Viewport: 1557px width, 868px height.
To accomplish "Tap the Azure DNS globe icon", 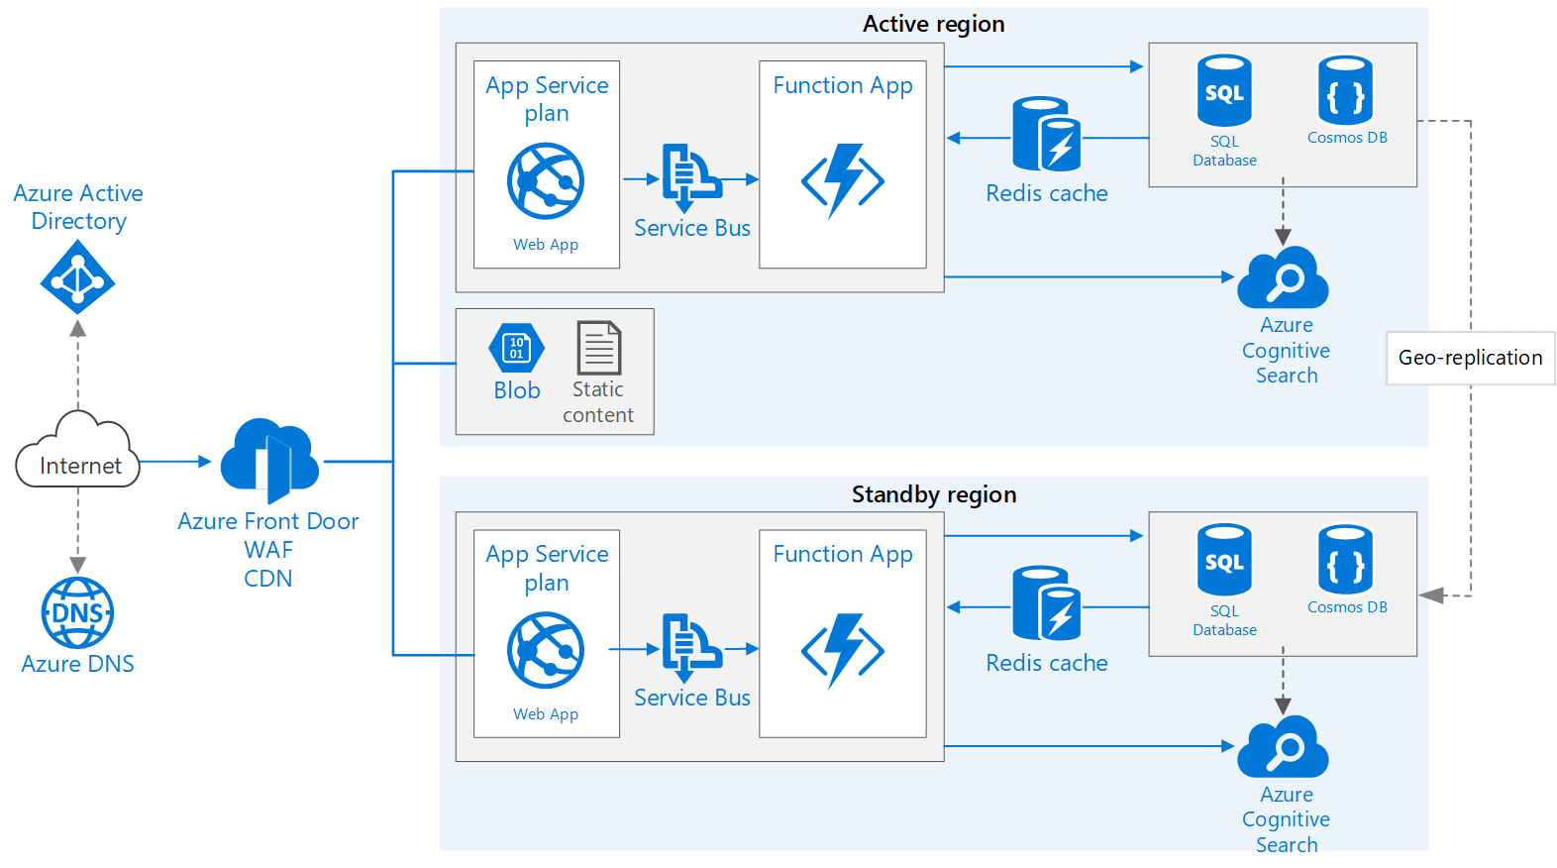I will [x=77, y=612].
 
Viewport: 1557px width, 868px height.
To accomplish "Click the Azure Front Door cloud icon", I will [x=269, y=460].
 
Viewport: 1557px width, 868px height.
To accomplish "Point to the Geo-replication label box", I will [x=1470, y=358].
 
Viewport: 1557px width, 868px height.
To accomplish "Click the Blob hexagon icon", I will [x=516, y=348].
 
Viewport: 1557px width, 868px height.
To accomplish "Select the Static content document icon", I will [x=598, y=348].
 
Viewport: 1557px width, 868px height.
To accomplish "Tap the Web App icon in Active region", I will [x=546, y=181].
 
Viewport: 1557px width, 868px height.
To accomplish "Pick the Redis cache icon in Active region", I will [x=1046, y=135].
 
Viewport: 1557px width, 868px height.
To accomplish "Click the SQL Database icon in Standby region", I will [x=1224, y=560].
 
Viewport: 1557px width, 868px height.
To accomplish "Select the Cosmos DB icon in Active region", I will [x=1345, y=90].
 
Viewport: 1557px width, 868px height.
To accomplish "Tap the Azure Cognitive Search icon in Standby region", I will [x=1283, y=748].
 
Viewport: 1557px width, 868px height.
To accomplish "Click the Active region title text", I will [x=933, y=24].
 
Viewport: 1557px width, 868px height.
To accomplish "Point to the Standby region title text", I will [x=933, y=494].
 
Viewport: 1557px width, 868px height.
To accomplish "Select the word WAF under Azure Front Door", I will [x=268, y=550].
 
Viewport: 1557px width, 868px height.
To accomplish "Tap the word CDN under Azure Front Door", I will [x=268, y=579].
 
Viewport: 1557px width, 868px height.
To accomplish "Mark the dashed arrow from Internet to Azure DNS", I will [x=78, y=530].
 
